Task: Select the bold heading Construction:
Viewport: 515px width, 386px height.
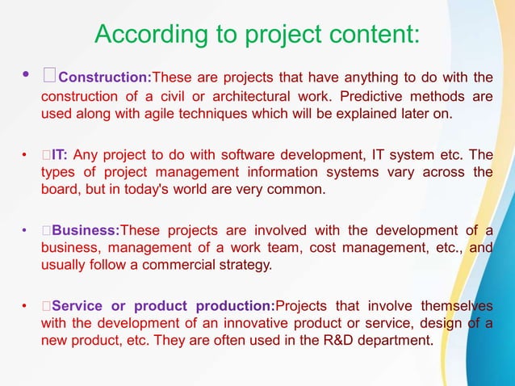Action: click(105, 78)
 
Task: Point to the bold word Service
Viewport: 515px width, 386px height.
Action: click(81, 305)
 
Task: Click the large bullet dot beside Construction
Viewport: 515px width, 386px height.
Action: click(26, 77)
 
